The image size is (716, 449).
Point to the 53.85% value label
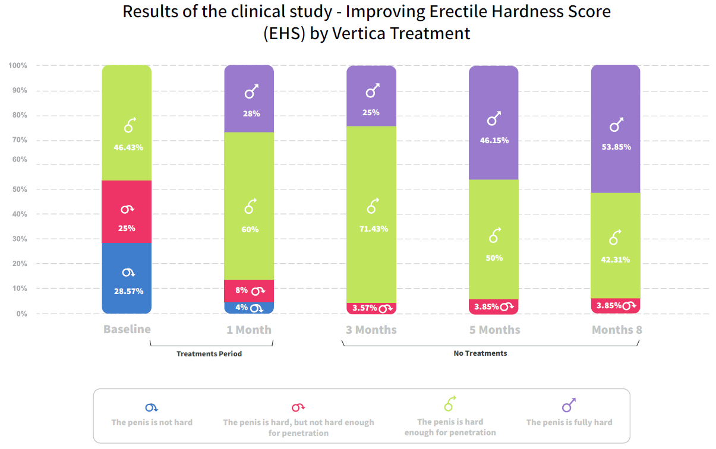(x=616, y=147)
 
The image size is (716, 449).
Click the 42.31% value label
(x=616, y=260)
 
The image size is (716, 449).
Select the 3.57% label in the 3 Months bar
(x=364, y=308)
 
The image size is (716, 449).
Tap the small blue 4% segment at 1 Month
(x=249, y=308)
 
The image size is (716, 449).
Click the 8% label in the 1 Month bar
(x=241, y=290)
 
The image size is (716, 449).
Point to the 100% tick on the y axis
(x=18, y=65)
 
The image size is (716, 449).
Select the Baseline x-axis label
(x=127, y=329)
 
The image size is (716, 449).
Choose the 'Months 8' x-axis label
(x=617, y=330)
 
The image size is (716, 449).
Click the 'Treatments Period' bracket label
(x=209, y=354)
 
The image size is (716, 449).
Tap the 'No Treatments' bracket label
(x=480, y=353)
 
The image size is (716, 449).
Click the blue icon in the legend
(x=152, y=407)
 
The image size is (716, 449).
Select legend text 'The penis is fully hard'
(x=569, y=422)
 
